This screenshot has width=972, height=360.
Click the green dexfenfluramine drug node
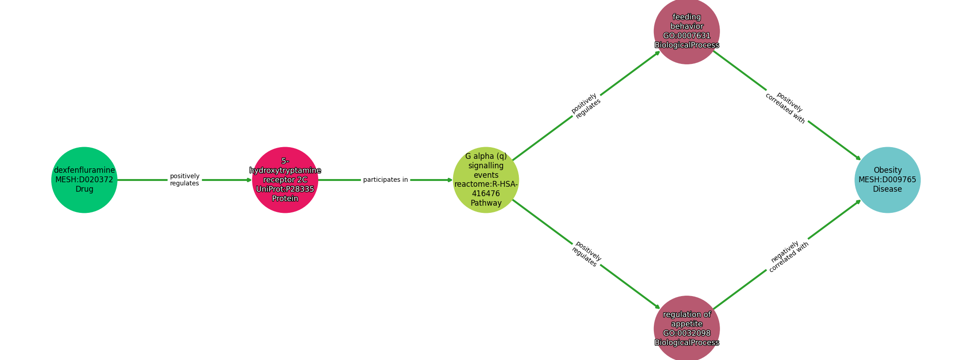84,180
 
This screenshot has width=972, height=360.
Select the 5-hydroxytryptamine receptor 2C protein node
285,180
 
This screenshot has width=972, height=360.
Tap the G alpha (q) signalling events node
486,180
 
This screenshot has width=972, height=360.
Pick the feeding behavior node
687,31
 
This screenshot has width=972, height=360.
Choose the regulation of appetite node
687,328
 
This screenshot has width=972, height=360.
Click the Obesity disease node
887,180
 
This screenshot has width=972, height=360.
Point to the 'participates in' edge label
386,180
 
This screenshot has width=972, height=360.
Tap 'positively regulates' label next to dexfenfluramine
184,180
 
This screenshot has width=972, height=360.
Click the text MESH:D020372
84,180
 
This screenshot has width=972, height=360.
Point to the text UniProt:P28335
285,189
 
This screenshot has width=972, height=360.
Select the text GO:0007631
687,36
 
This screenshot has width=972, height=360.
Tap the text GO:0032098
687,333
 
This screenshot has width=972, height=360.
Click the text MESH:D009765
887,180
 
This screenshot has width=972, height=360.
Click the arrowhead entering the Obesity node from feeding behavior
858,158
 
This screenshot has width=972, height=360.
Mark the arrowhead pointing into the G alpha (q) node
450,180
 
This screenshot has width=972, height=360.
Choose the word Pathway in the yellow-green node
486,203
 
